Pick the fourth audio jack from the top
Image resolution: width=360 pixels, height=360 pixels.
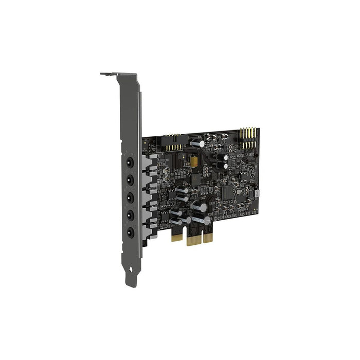tap(130, 214)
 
